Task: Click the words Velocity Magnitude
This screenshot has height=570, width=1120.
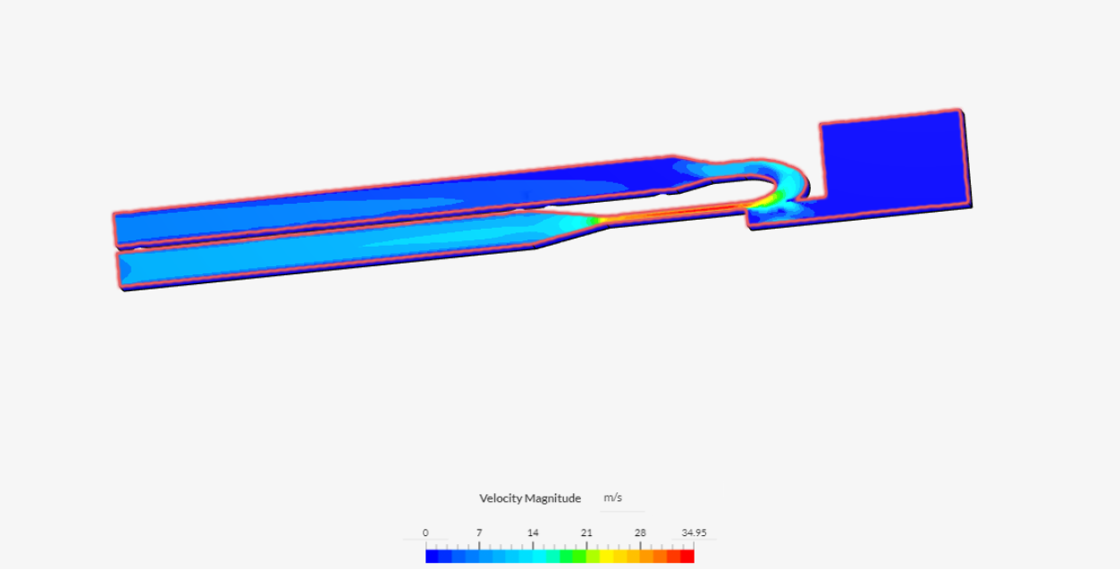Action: (x=530, y=498)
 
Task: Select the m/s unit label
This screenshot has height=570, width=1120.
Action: (x=612, y=498)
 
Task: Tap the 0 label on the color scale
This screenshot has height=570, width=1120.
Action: (x=425, y=532)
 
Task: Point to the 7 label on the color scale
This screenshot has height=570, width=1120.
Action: (x=479, y=532)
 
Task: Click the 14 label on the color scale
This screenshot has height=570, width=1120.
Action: (x=533, y=532)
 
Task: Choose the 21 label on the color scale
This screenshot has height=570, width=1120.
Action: (x=586, y=532)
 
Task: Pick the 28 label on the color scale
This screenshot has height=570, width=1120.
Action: (x=640, y=532)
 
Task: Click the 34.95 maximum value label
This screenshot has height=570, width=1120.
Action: (x=694, y=532)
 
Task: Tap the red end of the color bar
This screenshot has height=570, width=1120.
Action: (x=687, y=557)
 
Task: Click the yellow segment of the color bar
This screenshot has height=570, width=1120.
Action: (x=607, y=557)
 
